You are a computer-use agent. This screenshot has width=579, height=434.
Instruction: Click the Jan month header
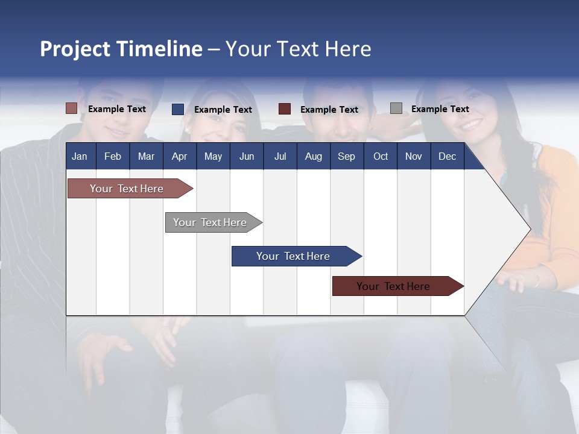pos(80,156)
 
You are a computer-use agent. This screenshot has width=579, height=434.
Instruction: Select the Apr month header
pos(179,156)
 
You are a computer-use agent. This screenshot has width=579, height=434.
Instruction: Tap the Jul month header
pos(280,156)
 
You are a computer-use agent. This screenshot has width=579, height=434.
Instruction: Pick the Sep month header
pos(346,156)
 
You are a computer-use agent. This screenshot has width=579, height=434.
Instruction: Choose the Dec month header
pos(447,156)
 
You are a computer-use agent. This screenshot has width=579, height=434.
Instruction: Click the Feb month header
pos(113,156)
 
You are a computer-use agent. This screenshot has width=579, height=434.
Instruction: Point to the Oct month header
pos(381,156)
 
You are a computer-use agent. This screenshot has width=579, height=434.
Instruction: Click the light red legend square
pos(71,108)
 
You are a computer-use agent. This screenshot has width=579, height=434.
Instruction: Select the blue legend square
pos(178,109)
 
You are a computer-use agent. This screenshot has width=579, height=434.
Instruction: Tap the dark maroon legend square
pos(285,109)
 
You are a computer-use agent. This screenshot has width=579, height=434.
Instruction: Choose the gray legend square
pos(396,108)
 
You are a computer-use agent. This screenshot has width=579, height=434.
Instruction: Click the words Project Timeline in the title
pos(121,49)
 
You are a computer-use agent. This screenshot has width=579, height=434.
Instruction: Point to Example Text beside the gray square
pos(440,109)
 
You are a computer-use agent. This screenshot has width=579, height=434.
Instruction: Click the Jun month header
pos(246,156)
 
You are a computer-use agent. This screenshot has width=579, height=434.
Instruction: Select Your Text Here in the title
pos(298,49)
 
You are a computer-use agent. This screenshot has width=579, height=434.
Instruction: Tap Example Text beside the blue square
pos(223,110)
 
